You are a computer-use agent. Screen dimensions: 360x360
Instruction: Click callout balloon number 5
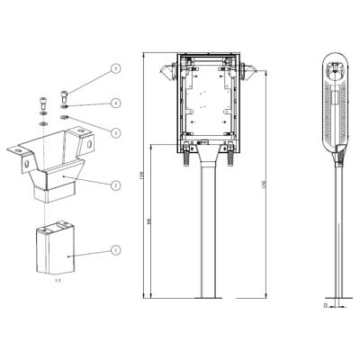click(x=116, y=68)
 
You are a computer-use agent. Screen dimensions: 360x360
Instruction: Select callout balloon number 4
click(x=116, y=103)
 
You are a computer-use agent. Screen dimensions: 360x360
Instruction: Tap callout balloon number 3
click(x=116, y=132)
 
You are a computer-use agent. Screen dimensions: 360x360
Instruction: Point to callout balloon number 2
click(x=116, y=185)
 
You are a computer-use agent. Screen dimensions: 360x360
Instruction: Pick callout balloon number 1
click(x=116, y=248)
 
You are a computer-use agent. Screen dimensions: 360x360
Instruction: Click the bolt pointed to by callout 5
click(x=65, y=94)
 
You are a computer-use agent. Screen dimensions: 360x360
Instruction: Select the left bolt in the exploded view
click(x=43, y=101)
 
